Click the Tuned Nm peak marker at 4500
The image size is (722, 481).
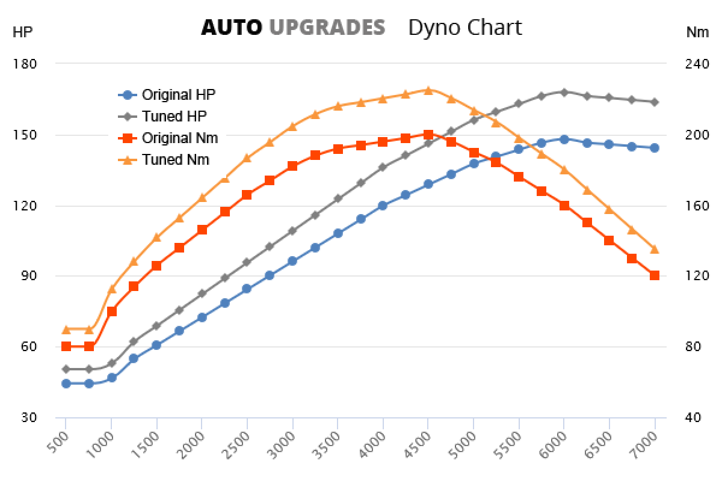(428, 90)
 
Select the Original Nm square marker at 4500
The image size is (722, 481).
(428, 135)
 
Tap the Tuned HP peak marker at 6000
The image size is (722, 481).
(564, 92)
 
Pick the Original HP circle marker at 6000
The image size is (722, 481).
(564, 139)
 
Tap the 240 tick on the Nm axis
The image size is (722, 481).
(697, 64)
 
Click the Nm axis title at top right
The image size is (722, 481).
(697, 32)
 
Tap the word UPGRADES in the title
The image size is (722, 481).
(327, 27)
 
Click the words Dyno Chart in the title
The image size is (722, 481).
(465, 27)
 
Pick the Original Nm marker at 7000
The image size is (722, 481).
(654, 275)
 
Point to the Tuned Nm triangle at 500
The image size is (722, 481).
(66, 329)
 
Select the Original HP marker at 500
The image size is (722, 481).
(66, 384)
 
